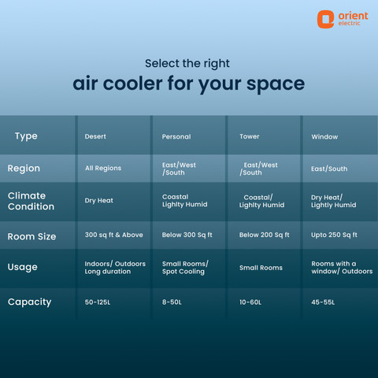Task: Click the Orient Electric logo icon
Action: click(325, 19)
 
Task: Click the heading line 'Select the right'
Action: click(187, 64)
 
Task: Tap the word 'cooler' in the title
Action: click(132, 83)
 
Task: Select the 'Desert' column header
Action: click(95, 136)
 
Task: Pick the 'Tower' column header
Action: click(250, 136)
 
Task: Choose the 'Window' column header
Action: click(324, 137)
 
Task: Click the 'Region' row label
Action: click(24, 169)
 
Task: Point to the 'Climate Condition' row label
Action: click(31, 201)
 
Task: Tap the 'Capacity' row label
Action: click(29, 302)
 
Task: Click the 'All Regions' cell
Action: click(103, 169)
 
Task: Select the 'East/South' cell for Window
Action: click(329, 169)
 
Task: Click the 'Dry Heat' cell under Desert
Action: click(99, 201)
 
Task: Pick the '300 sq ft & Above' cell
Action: click(114, 235)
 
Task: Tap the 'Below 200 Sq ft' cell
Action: click(264, 235)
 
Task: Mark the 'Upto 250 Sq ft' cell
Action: click(334, 235)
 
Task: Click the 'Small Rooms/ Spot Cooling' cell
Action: click(185, 268)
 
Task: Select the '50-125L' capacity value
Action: click(98, 302)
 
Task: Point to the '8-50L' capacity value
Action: click(172, 302)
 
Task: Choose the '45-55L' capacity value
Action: click(323, 302)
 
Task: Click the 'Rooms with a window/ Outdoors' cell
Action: click(342, 268)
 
